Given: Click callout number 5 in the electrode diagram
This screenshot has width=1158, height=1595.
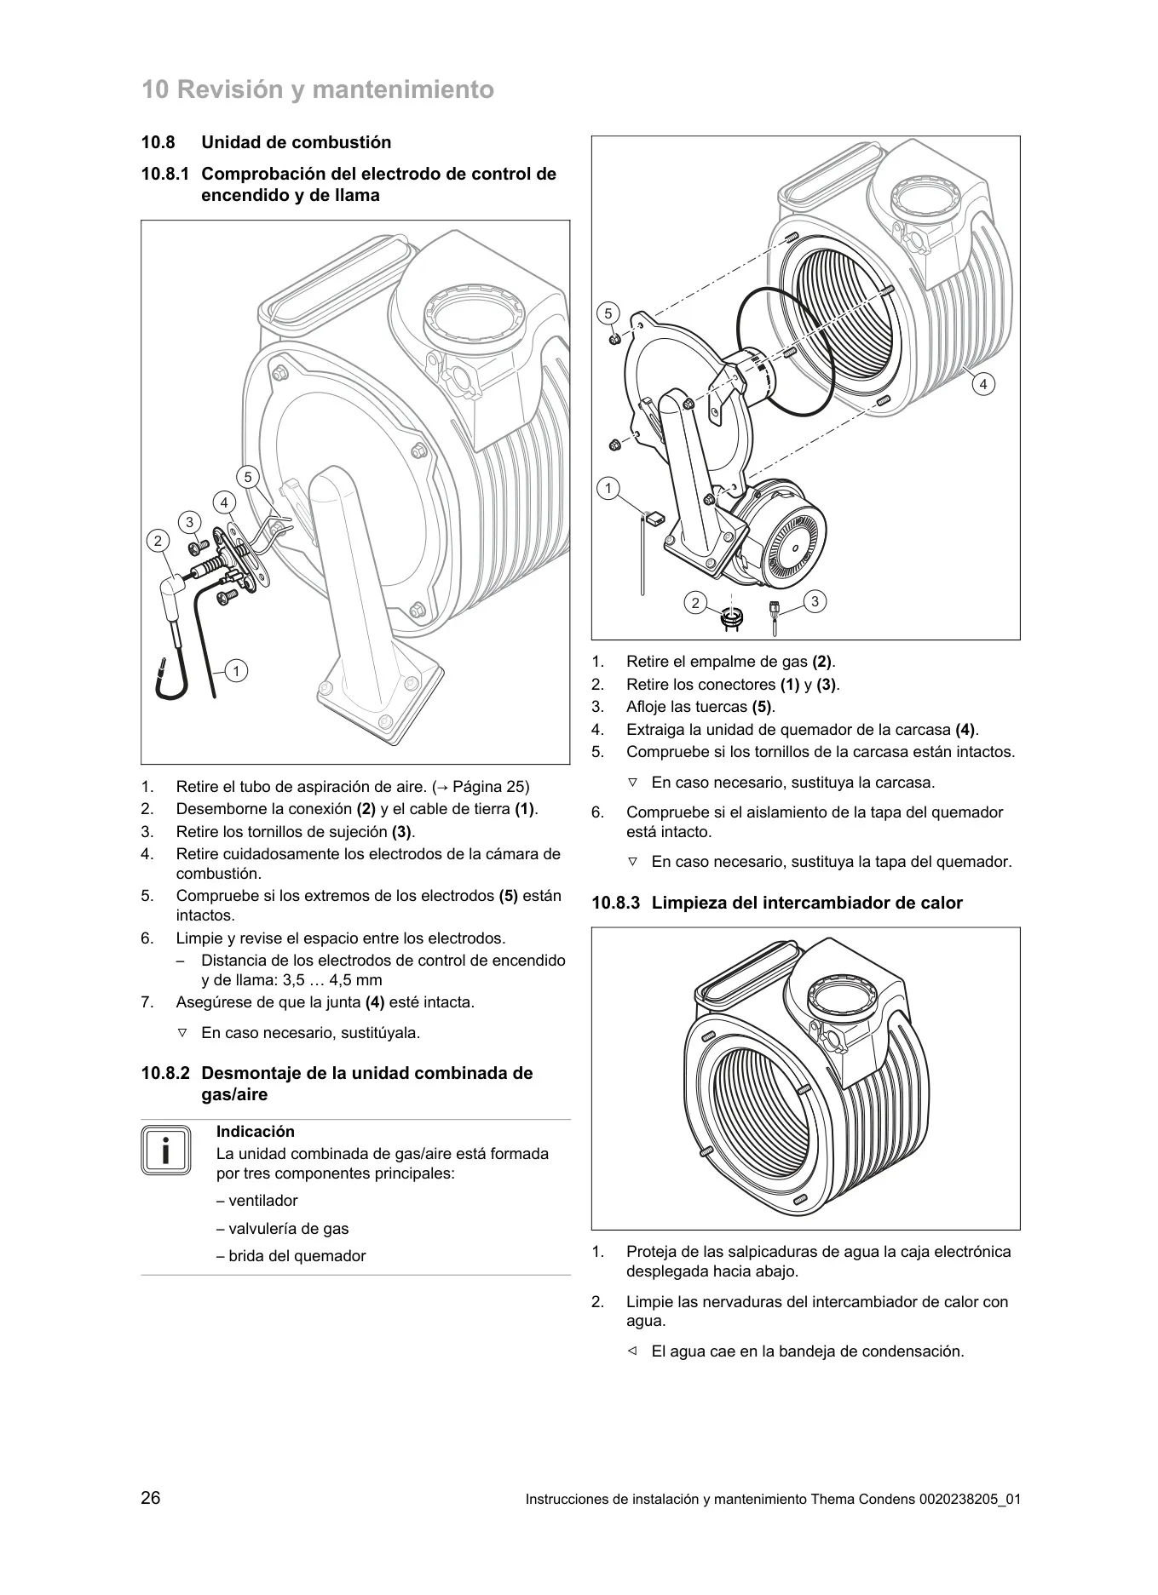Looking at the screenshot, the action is coord(248,477).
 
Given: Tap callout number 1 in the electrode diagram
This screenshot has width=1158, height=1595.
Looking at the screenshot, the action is coord(236,671).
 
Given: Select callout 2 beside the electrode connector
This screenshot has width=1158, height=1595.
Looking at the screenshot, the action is coord(158,541).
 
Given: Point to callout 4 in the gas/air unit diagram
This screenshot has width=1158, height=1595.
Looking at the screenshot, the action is coord(983,384).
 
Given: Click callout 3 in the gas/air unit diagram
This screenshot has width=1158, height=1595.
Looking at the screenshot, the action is coord(815,602).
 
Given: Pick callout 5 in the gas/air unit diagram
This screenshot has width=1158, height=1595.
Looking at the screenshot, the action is coord(608,313).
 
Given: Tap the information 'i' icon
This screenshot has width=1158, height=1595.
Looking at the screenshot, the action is coord(166,1150).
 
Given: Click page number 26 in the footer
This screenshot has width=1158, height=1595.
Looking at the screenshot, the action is coord(151,1498).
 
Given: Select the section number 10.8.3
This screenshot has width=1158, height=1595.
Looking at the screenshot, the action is coord(615,903).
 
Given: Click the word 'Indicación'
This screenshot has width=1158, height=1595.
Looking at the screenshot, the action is coord(256,1132).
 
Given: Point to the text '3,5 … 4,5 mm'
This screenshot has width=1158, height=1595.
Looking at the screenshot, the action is coord(332,980).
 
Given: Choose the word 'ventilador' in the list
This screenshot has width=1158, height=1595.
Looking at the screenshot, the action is coord(263,1201).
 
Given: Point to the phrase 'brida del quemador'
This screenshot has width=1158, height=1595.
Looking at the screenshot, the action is coord(297,1256).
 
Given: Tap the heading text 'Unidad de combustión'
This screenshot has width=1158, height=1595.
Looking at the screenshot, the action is coord(297,142).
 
